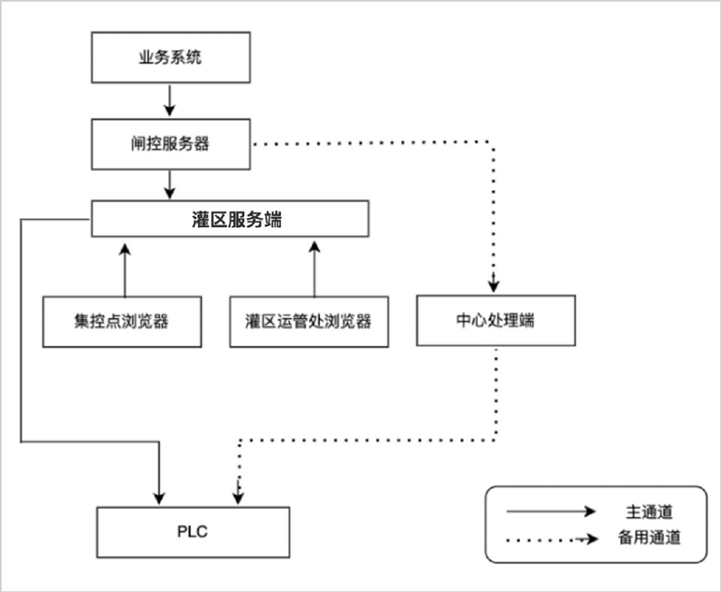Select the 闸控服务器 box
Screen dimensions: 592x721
170,143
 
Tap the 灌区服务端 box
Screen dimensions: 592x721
231,219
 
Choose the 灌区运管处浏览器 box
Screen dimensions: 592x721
309,321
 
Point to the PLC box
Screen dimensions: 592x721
193,531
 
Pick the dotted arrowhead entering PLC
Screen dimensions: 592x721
238,495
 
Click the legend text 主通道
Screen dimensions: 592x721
650,512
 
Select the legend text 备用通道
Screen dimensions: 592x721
650,539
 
